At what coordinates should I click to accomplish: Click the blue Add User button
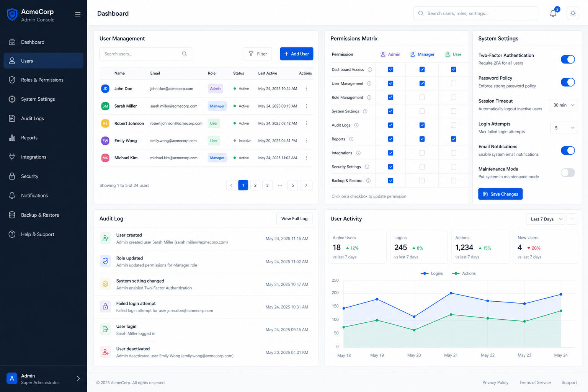[296, 54]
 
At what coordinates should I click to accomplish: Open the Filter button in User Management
[257, 54]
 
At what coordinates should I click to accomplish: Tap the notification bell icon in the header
[553, 13]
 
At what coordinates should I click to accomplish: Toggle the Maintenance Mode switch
[568, 173]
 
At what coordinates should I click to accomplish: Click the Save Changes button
[500, 194]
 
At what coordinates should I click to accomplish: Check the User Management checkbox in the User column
[454, 83]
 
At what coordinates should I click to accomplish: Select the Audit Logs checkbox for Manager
[422, 125]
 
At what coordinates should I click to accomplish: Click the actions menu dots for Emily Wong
[307, 141]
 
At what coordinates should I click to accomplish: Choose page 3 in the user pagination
[267, 185]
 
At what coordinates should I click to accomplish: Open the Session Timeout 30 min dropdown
[563, 105]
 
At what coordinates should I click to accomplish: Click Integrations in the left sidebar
[34, 157]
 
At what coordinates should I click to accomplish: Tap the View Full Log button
[294, 219]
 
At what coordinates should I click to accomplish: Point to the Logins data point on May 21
[451, 293]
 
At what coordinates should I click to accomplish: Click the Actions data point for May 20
[414, 330]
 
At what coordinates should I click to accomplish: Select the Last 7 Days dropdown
[546, 219]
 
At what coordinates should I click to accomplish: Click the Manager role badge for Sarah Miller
[217, 106]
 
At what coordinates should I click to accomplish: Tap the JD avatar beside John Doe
[105, 89]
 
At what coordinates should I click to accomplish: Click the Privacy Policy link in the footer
[495, 382]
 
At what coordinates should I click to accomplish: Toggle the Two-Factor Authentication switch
[568, 59]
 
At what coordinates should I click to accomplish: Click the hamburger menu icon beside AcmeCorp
[78, 14]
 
